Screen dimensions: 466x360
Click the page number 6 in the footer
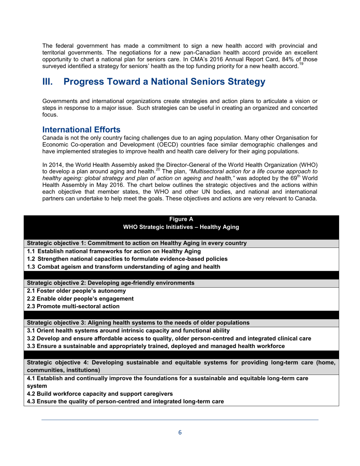pos(180,433)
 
